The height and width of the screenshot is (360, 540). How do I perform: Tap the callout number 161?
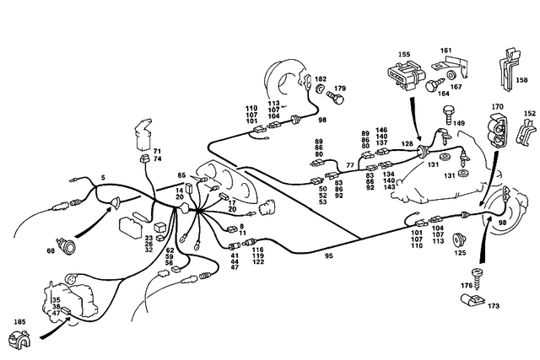coord(445,51)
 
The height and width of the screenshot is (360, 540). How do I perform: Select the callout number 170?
coord(498,107)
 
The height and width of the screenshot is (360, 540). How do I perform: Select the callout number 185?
coord(19,321)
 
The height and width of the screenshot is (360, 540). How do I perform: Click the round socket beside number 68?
coord(69,247)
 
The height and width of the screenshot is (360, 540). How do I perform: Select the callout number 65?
coord(181,175)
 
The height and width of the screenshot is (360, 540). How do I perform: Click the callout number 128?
coord(408,144)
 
